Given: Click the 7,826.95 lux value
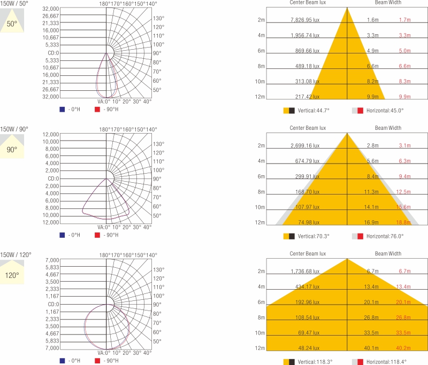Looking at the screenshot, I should point(304,20).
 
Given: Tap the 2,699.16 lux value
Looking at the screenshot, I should point(304,145).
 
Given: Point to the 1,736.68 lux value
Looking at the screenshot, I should point(304,271).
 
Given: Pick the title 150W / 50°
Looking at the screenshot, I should point(14,4).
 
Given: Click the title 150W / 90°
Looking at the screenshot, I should point(14,129).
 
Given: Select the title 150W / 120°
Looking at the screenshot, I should point(16,255).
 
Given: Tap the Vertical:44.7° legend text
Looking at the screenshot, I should point(314,110).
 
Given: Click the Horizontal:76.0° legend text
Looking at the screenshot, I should point(385,236).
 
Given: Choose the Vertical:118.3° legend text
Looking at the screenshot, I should point(315,362).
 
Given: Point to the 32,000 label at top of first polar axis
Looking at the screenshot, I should point(50,9).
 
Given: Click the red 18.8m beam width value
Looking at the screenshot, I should point(403,222).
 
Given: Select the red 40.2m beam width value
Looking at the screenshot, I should point(403,348).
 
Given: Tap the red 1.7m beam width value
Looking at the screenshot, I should point(404,20).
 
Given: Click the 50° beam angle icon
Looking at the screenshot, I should point(12,24).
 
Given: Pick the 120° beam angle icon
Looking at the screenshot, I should point(12,275).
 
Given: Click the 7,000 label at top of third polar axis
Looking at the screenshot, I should point(52,260).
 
